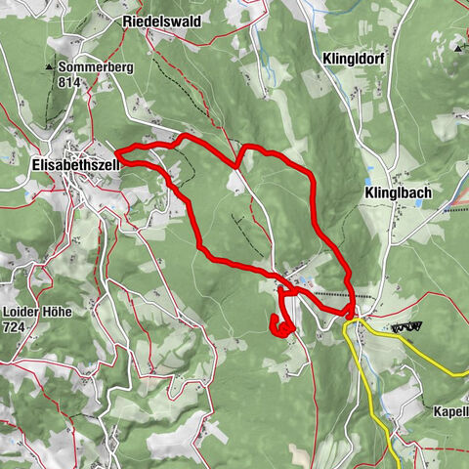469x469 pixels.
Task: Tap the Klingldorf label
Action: click(x=353, y=59)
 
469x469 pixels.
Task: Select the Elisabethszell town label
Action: click(x=68, y=165)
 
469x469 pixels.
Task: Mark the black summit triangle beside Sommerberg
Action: click(x=47, y=67)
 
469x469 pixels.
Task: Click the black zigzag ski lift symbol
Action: click(x=407, y=327)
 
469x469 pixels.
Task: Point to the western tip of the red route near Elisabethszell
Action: click(x=116, y=153)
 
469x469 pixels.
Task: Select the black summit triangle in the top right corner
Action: click(x=457, y=46)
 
